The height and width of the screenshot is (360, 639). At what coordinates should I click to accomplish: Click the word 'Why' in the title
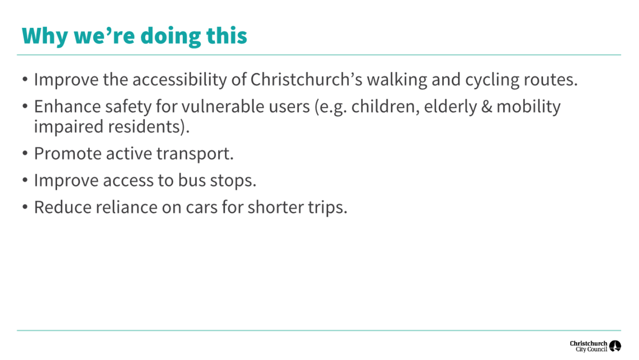coord(45,36)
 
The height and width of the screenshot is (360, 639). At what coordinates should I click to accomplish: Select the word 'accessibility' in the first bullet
coord(180,80)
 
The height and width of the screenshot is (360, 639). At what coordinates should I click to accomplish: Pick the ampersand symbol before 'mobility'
coord(487,107)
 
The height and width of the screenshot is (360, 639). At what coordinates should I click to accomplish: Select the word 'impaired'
coord(68,127)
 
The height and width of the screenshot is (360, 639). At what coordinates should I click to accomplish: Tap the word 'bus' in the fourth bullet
coord(192,180)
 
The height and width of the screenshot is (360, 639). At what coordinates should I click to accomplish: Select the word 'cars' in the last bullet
coord(202,208)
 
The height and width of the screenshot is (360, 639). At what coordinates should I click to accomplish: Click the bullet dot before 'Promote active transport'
coord(25,153)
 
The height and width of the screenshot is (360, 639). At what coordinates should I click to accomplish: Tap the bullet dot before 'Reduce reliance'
coord(25,207)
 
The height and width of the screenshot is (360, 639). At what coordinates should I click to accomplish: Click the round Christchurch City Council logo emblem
coord(615,346)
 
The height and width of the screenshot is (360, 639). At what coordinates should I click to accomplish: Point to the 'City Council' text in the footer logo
coord(591,349)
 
